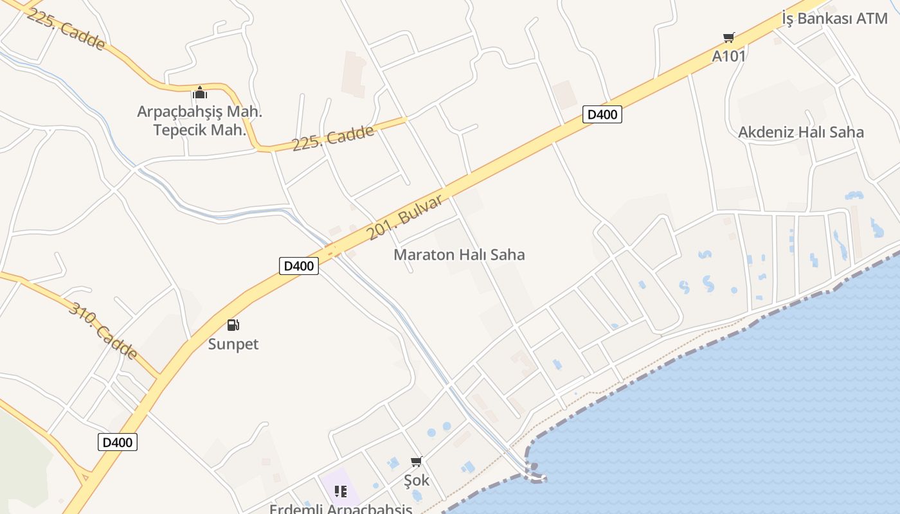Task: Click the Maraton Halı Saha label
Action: (x=459, y=254)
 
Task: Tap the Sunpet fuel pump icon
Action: (x=233, y=325)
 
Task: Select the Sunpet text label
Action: (x=233, y=344)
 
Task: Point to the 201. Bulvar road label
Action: (x=405, y=217)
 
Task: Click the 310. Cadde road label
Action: (x=103, y=331)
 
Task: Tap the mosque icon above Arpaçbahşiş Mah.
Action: (x=200, y=93)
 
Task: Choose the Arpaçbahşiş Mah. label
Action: (x=200, y=112)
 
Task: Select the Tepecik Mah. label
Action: (x=200, y=130)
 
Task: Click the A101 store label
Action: (x=729, y=56)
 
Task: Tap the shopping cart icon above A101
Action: (x=728, y=38)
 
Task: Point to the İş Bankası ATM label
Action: (x=834, y=18)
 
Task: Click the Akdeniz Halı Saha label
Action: (x=800, y=132)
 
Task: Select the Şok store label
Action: (x=417, y=480)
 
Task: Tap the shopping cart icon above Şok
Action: (x=417, y=461)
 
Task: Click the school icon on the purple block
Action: (x=341, y=492)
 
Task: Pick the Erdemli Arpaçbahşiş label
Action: (x=341, y=509)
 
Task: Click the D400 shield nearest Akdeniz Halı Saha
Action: (x=602, y=115)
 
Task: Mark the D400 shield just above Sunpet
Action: (x=299, y=266)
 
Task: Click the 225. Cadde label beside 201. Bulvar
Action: (x=333, y=138)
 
